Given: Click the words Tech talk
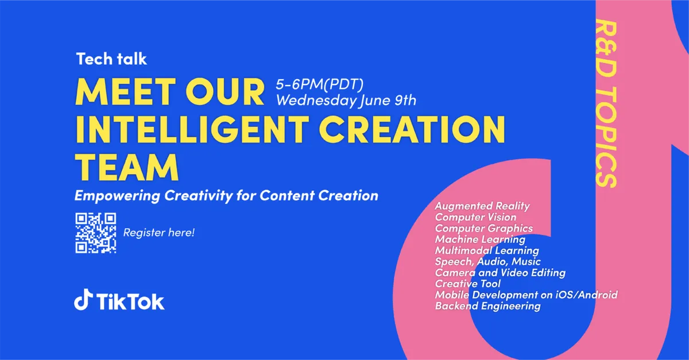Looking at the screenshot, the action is (x=111, y=59).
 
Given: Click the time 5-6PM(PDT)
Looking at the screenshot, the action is (x=320, y=84).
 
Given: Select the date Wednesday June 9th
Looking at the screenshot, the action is (x=346, y=100).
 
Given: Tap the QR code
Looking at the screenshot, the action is (x=96, y=233).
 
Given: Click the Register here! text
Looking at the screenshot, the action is (x=158, y=233).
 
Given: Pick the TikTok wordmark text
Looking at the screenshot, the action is (x=130, y=301).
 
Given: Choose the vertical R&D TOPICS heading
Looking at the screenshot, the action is (x=606, y=104).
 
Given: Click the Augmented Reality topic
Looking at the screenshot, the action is (x=482, y=206).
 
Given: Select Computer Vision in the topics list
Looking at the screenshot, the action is (x=475, y=217).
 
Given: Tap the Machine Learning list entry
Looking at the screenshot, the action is (x=480, y=239).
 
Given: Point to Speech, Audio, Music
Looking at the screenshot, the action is (x=487, y=262).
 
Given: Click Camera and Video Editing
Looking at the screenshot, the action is (x=500, y=273).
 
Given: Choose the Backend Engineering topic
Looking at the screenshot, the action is (x=487, y=306).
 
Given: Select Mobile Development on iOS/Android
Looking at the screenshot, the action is (x=526, y=295).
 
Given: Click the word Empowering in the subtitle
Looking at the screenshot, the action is (x=118, y=196).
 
